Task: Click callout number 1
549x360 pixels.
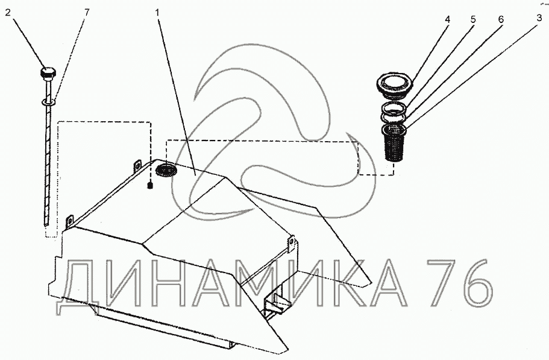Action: pyautogui.click(x=157, y=13)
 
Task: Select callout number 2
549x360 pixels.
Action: pyautogui.click(x=8, y=13)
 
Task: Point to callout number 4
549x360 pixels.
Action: pyautogui.click(x=447, y=19)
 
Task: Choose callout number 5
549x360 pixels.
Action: pyautogui.click(x=472, y=19)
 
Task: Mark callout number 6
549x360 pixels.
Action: pyautogui.click(x=501, y=19)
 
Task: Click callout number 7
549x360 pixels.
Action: pyautogui.click(x=87, y=13)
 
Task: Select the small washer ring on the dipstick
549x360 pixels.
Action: pyautogui.click(x=48, y=103)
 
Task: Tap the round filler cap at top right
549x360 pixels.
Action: pyautogui.click(x=395, y=85)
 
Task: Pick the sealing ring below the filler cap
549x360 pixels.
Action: pyautogui.click(x=394, y=111)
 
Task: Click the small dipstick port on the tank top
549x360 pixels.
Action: pyautogui.click(x=150, y=185)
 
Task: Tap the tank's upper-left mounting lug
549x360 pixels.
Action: pyautogui.click(x=137, y=166)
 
